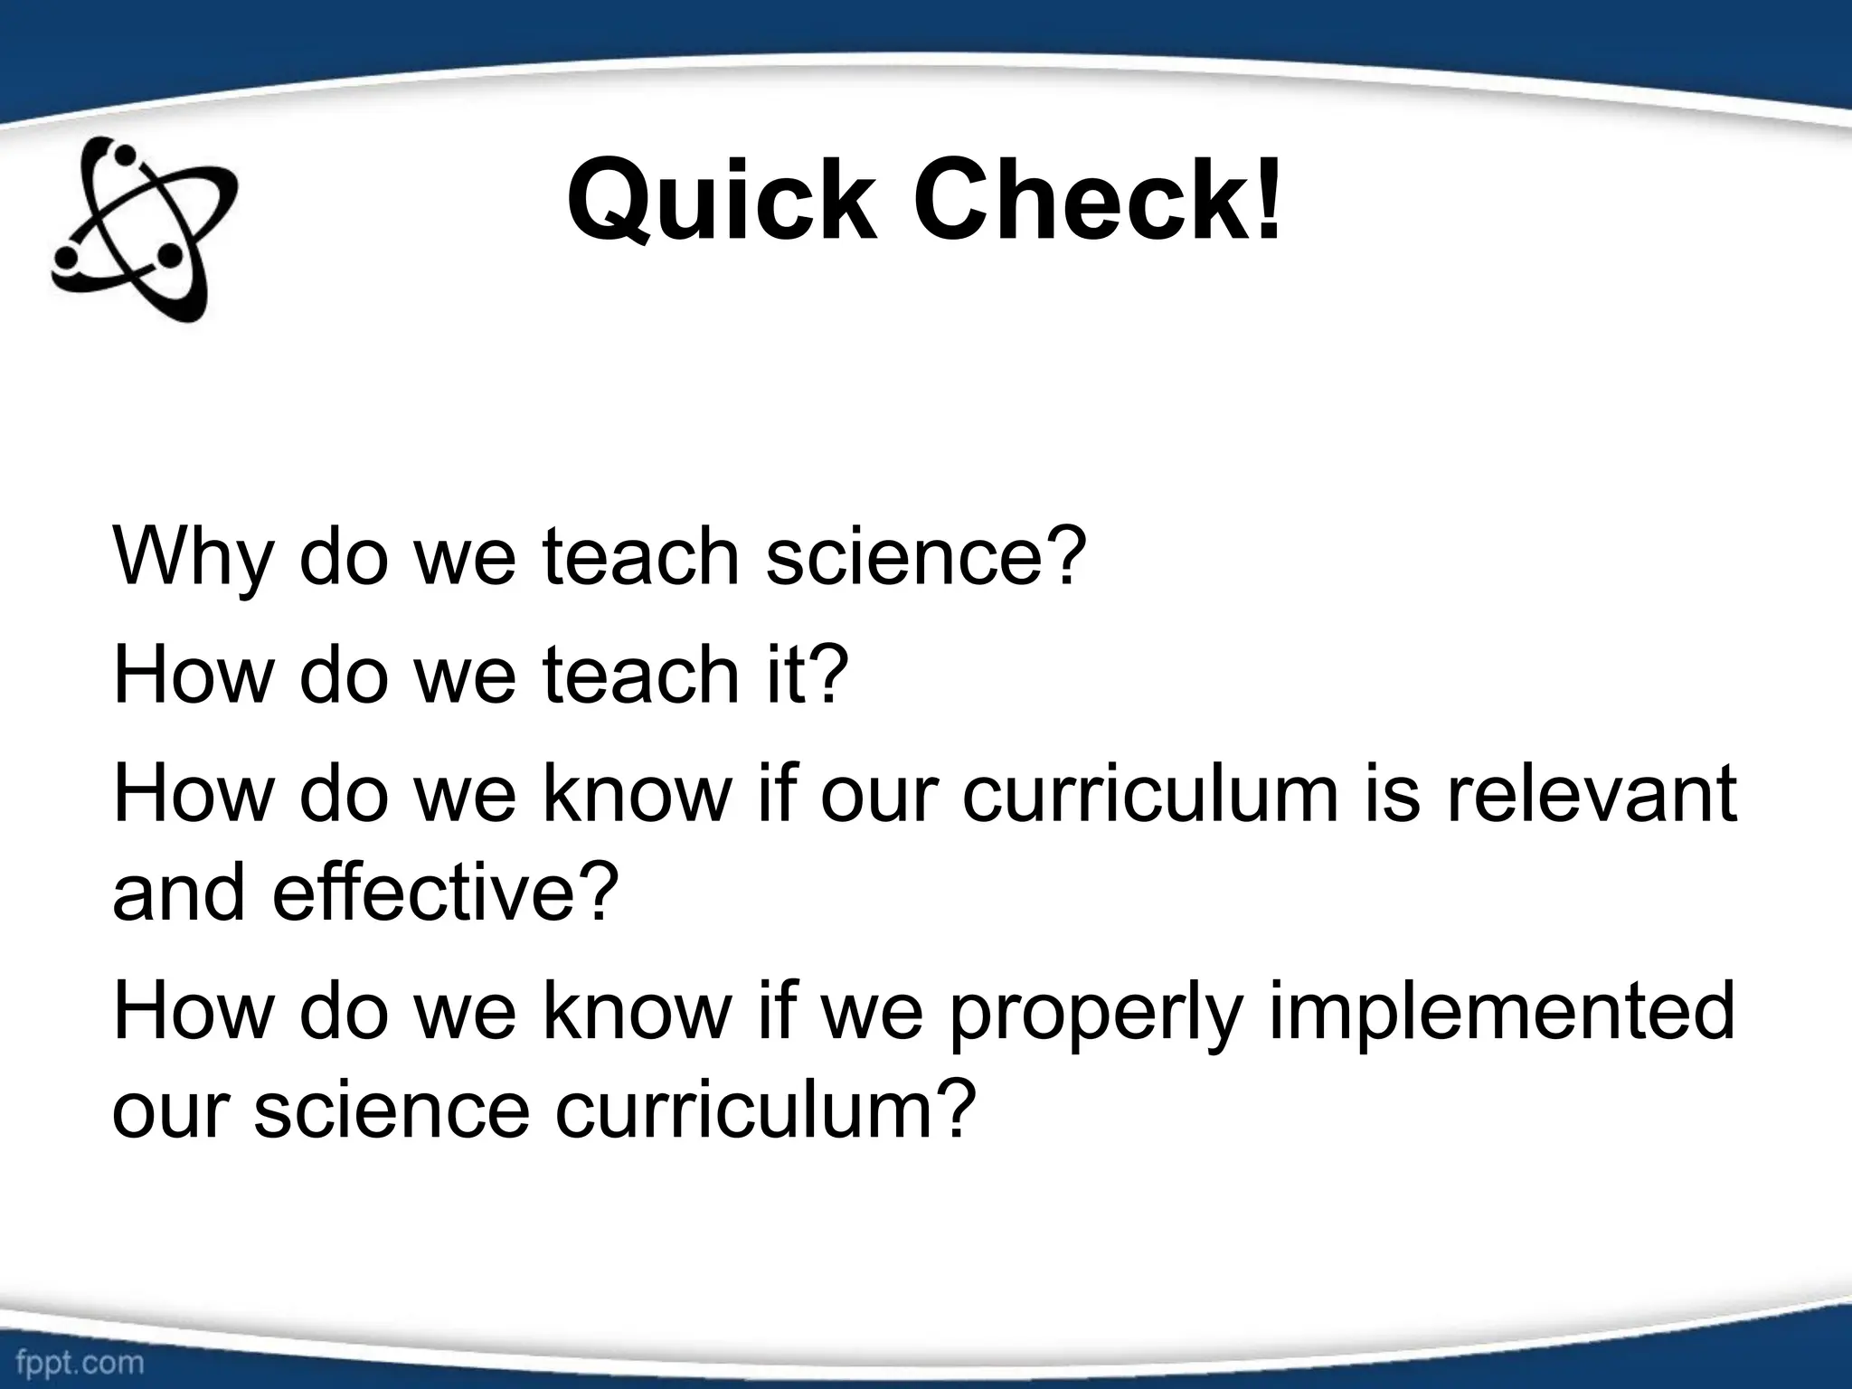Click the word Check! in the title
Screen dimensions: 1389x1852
(1098, 201)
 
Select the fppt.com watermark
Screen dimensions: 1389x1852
(80, 1363)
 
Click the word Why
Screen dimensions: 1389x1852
(191, 557)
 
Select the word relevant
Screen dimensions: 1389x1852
(1591, 793)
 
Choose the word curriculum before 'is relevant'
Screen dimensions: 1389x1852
(1148, 793)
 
